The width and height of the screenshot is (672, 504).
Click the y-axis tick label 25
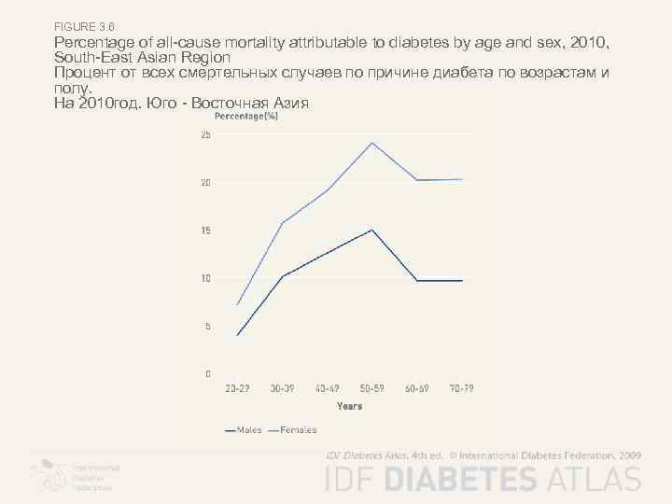click(x=205, y=134)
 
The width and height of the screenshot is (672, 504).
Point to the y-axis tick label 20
click(x=205, y=183)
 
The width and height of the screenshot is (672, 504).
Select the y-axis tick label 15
click(x=205, y=231)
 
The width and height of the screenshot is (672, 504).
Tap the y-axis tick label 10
click(x=205, y=278)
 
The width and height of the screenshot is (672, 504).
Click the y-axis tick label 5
click(x=207, y=326)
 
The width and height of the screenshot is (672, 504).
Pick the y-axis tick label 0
click(x=207, y=373)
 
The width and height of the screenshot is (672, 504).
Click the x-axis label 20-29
click(x=237, y=388)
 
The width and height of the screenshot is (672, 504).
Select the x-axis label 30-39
click(x=282, y=388)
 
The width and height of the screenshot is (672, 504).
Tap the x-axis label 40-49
click(x=327, y=388)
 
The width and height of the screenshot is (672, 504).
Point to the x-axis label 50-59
click(x=372, y=388)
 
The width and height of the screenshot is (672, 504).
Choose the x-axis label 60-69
click(x=417, y=388)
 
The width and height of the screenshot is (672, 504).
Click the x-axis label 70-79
click(x=462, y=388)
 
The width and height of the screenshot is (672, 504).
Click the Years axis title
click(x=349, y=406)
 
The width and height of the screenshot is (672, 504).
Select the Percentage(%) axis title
click(x=246, y=117)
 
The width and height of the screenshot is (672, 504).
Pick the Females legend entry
click(x=293, y=430)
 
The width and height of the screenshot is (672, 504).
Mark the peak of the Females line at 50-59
click(x=372, y=143)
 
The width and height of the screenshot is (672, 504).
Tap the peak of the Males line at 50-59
click(x=372, y=230)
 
